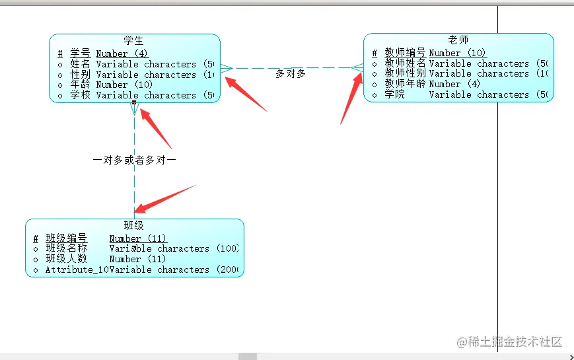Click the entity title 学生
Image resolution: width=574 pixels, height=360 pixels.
[133, 41]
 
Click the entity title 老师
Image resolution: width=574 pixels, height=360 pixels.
[458, 40]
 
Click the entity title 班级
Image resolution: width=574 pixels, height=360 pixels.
[133, 226]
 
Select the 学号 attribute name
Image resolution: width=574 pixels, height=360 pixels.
[80, 54]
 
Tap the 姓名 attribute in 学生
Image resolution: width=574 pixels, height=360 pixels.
[80, 64]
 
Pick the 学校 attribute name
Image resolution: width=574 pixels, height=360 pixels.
[80, 95]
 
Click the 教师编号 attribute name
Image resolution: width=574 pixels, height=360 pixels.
[405, 53]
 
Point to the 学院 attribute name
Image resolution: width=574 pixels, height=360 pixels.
[395, 94]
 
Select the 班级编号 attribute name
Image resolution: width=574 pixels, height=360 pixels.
[66, 238]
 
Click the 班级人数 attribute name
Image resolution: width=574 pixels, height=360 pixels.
[66, 259]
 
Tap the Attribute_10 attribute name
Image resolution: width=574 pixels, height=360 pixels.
[77, 270]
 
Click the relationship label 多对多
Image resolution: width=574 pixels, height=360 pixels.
[291, 73]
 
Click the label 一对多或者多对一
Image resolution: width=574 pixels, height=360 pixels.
[135, 160]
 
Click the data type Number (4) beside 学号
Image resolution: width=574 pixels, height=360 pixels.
[122, 54]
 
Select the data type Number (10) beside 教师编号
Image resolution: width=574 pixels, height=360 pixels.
[457, 53]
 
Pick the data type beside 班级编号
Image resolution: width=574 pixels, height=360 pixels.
[137, 238]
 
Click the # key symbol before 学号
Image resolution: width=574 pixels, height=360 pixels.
[60, 54]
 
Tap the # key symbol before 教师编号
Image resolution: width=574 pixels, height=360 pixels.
[375, 53]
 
